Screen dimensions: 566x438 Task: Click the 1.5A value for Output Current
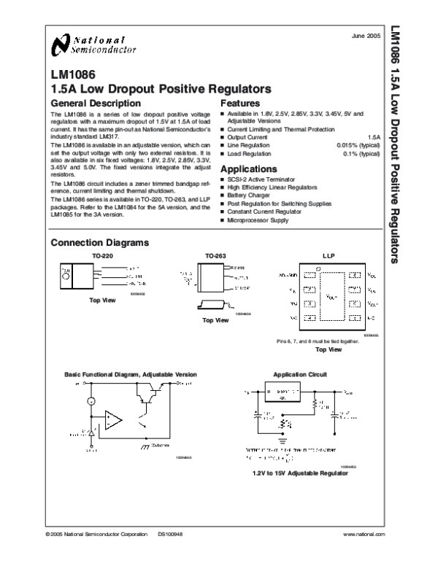[x=374, y=137]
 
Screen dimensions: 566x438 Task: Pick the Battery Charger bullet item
[x=247, y=195]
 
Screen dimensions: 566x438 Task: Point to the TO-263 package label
[x=215, y=257]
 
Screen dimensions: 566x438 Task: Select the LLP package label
[x=328, y=257]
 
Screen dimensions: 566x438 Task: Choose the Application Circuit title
[x=299, y=374]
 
